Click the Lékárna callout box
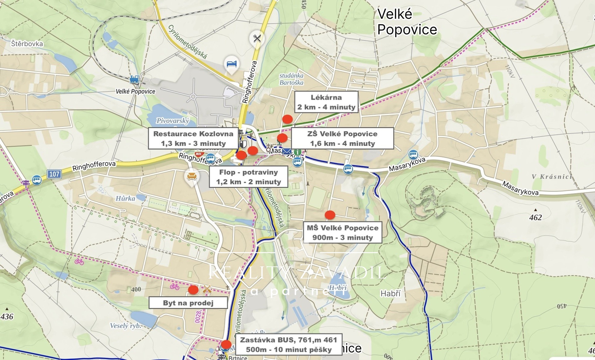pyautogui.click(x=326, y=102)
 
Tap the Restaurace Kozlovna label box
pyautogui.click(x=193, y=138)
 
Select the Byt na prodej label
pyautogui.click(x=188, y=303)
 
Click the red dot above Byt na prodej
pyautogui.click(x=193, y=290)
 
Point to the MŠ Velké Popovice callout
pyautogui.click(x=342, y=232)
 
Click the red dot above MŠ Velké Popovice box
pyautogui.click(x=330, y=215)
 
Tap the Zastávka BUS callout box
pyautogui.click(x=289, y=344)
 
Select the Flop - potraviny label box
pyautogui.click(x=249, y=177)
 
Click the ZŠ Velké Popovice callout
pyautogui.click(x=342, y=138)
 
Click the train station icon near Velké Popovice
pyautogui.click(x=134, y=79)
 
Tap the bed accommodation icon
pyautogui.click(x=231, y=64)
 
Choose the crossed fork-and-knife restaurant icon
pyautogui.click(x=257, y=38)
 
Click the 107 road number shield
pyautogui.click(x=54, y=174)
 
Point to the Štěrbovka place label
pyautogui.click(x=27, y=44)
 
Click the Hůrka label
pyautogui.click(x=125, y=198)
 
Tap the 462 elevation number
pyautogui.click(x=535, y=217)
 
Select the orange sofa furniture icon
pyautogui.click(x=192, y=176)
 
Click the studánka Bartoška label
pyautogui.click(x=291, y=79)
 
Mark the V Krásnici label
pyautogui.click(x=552, y=177)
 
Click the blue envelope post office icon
pyautogui.click(x=286, y=152)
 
